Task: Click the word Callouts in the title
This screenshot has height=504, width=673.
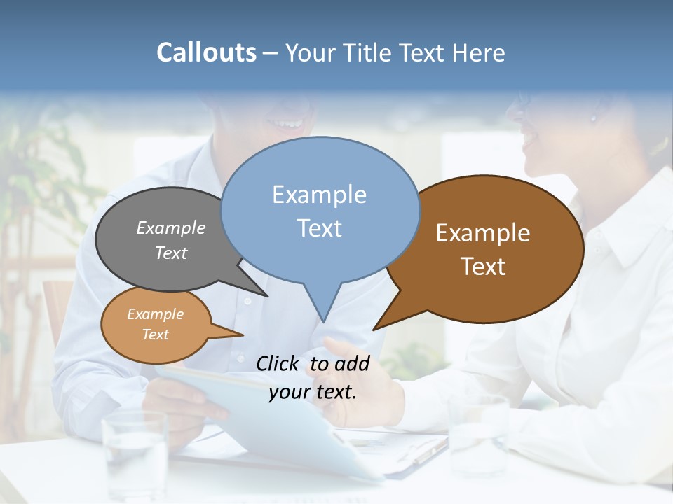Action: pyautogui.click(x=206, y=52)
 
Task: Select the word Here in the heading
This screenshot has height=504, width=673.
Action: pyautogui.click(x=476, y=52)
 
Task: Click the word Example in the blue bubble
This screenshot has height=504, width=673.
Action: pyautogui.click(x=319, y=195)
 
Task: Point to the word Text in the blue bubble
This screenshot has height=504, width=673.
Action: pyautogui.click(x=320, y=227)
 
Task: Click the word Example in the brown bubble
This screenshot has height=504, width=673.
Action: pyautogui.click(x=483, y=233)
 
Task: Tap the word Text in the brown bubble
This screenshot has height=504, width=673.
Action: pyautogui.click(x=483, y=266)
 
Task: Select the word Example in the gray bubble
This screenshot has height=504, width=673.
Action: pyautogui.click(x=171, y=227)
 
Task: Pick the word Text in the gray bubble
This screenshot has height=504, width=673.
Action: pyautogui.click(x=171, y=253)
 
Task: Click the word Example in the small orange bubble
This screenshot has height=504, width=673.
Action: pyautogui.click(x=156, y=314)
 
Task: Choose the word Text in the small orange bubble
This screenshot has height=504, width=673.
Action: pyautogui.click(x=156, y=335)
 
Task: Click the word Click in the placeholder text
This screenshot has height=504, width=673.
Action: pyautogui.click(x=279, y=363)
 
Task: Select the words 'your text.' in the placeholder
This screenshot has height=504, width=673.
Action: pyautogui.click(x=313, y=392)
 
